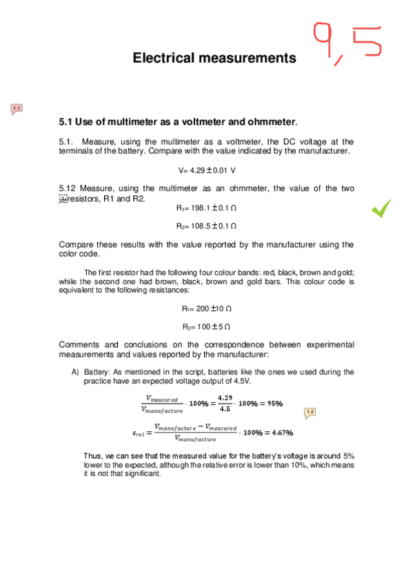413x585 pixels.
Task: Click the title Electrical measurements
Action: coord(214,58)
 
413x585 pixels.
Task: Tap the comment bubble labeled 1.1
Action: coord(17,108)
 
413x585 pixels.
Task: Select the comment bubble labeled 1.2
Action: coord(310,412)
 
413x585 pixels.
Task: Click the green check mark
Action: coord(380,207)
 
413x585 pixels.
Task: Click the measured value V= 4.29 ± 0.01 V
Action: coord(207,170)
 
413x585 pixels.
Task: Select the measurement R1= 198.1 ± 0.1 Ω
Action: coord(207,207)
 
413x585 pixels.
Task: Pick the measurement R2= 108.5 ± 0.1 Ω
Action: coord(207,226)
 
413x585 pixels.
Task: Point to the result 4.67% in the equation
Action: coord(279,433)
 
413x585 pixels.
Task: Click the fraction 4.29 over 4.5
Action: coord(225,404)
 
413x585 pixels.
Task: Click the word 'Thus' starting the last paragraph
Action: coord(92,457)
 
